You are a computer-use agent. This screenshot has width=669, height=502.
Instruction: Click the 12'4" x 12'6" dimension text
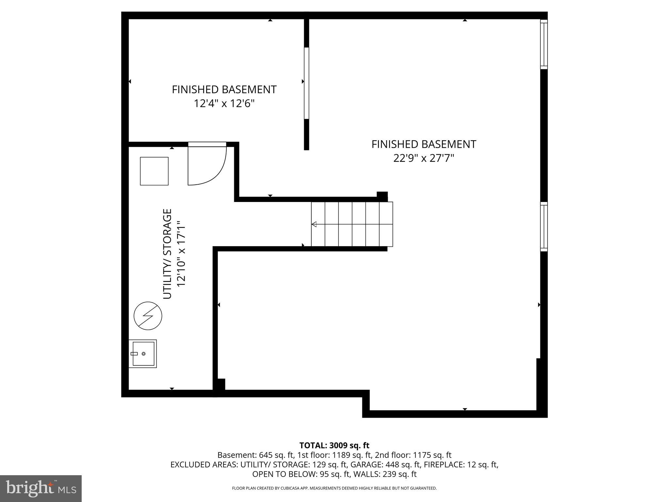click(x=224, y=104)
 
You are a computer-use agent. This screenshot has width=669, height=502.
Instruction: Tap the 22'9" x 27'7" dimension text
click(x=424, y=159)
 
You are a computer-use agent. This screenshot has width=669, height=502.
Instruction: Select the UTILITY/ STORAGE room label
click(x=167, y=254)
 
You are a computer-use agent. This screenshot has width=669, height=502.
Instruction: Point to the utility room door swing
click(x=207, y=166)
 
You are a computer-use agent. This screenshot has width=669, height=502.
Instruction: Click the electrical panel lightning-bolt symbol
click(x=148, y=316)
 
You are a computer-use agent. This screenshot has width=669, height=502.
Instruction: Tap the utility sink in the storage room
click(x=143, y=354)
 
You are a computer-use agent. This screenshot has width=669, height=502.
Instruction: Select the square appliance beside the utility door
click(x=154, y=171)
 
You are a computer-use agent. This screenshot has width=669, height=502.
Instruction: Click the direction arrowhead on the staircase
click(x=314, y=224)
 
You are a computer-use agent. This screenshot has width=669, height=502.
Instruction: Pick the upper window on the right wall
click(x=544, y=44)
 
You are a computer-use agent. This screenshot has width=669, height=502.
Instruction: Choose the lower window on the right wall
click(x=544, y=226)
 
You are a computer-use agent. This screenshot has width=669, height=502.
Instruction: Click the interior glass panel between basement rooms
click(x=306, y=83)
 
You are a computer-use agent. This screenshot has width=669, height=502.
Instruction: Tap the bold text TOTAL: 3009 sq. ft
click(x=334, y=445)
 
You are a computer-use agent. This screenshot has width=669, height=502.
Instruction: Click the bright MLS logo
click(x=41, y=489)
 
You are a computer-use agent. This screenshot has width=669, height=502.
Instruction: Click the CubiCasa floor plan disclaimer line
click(x=334, y=488)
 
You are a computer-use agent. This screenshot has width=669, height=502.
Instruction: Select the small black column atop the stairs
click(x=382, y=196)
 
